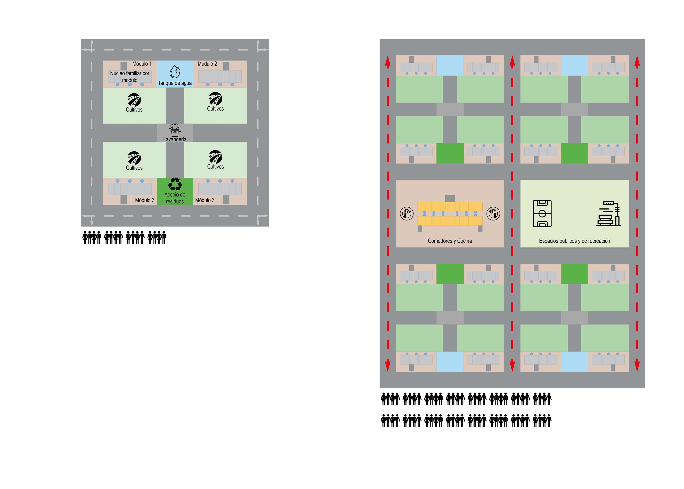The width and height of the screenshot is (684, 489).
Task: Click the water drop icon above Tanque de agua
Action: click(175, 72)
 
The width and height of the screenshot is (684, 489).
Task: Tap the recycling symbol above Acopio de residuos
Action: click(175, 184)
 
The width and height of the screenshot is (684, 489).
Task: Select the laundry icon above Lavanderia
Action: click(175, 130)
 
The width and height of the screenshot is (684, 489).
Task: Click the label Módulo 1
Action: click(142, 64)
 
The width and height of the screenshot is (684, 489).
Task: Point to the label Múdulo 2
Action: click(207, 64)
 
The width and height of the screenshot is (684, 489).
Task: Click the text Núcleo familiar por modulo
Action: click(130, 77)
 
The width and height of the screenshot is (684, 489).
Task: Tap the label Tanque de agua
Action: click(175, 83)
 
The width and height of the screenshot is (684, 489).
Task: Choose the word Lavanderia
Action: click(175, 139)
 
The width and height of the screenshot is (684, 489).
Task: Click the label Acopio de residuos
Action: click(175, 198)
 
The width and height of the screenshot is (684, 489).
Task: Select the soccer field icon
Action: click(542, 214)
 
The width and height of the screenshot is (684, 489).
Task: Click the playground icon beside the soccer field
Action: click(608, 214)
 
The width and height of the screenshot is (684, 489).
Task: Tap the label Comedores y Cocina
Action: click(450, 241)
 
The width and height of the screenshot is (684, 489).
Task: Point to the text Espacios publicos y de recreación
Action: click(574, 241)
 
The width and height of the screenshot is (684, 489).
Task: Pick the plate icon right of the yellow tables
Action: click(493, 214)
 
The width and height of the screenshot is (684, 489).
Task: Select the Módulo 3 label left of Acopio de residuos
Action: click(145, 200)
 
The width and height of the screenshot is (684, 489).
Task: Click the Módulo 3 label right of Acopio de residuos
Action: click(205, 200)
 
